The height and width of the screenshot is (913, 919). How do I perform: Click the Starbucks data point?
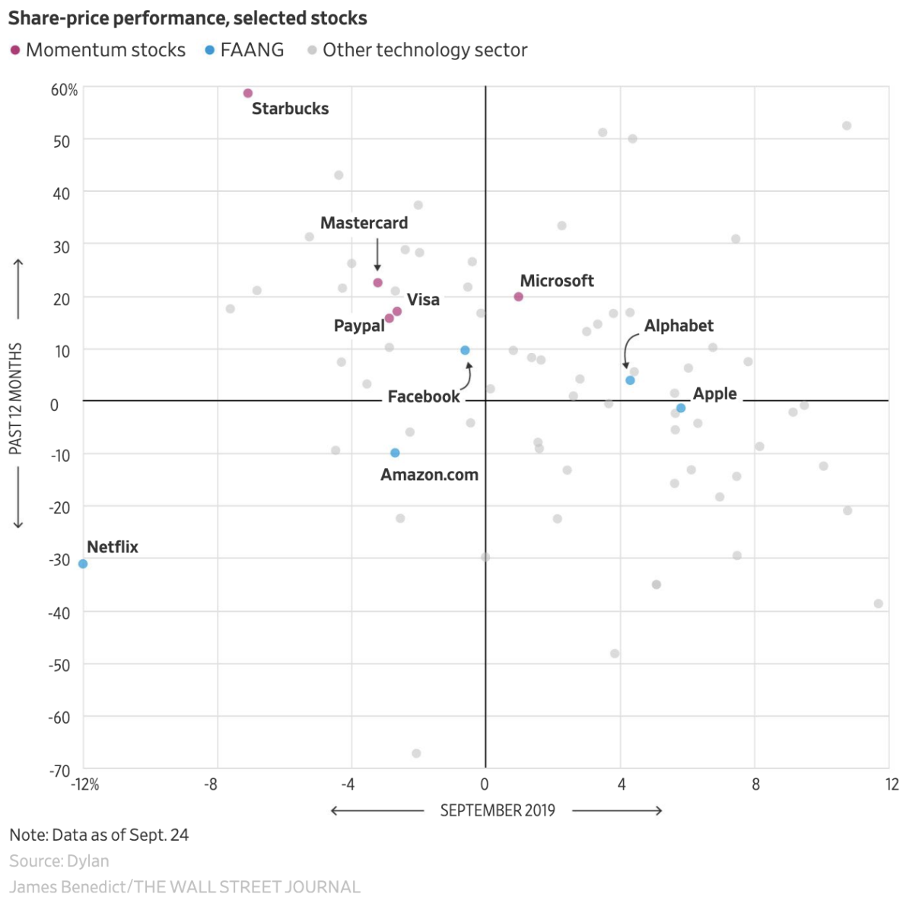pos(247,94)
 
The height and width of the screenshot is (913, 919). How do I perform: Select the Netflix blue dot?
pos(83,564)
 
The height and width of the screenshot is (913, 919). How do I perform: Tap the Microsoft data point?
pos(519,297)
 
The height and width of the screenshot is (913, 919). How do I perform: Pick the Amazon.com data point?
pos(395,453)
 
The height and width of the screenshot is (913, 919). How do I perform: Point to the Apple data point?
pos(681,409)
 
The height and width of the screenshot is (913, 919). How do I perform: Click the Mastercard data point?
pos(377,283)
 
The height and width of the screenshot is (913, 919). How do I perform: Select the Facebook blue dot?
pos(465,351)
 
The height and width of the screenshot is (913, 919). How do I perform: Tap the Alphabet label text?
pos(679,326)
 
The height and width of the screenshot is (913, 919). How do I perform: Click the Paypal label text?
pos(359,326)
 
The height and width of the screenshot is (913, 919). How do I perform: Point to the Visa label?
pos(423,300)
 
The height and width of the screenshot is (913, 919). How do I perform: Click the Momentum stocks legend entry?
pos(98,50)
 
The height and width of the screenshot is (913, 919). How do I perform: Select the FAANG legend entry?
pos(245,50)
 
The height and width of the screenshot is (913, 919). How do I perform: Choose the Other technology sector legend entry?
pos(418,50)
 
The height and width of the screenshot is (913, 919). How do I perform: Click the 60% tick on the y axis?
pos(65,91)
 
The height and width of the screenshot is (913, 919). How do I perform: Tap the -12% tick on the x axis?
pos(86,784)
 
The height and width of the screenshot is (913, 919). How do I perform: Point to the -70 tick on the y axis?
pos(59,771)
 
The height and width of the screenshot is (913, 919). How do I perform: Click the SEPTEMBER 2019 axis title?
pos(498,810)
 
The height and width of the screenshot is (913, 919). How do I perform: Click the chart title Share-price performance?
pos(188,18)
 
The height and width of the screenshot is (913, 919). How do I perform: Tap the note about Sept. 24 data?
pos(99,835)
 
